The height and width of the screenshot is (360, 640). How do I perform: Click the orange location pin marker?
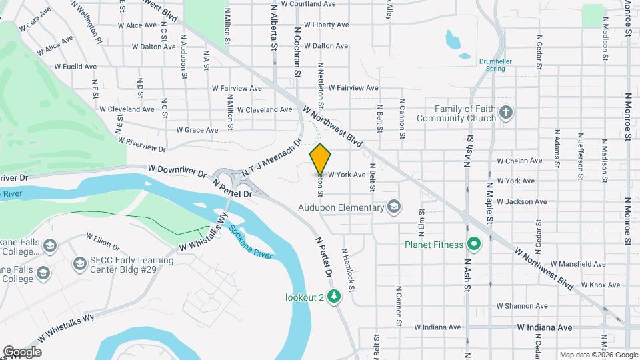tap(321, 159)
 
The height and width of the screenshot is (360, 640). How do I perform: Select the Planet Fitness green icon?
tap(474, 245)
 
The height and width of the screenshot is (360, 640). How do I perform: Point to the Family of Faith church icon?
tap(506, 113)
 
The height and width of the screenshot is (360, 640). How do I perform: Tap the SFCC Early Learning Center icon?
tap(80, 265)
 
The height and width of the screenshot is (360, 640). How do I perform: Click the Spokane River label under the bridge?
tap(251, 243)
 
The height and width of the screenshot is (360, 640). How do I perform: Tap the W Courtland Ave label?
tap(311, 3)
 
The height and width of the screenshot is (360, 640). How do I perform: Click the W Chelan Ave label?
tap(519, 161)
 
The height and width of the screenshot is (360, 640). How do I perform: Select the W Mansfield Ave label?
tap(564, 264)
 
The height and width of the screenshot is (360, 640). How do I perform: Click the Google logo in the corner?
tap(22, 351)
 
